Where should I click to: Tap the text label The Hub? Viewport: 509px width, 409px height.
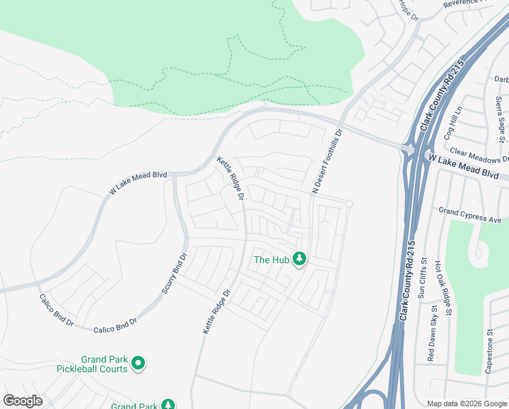point(271,260)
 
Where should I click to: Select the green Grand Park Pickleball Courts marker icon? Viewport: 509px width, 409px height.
point(138,363)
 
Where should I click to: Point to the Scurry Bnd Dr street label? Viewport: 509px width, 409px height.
point(174,273)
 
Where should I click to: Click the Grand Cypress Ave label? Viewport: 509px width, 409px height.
point(470,215)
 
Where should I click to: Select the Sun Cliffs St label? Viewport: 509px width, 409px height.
point(421,277)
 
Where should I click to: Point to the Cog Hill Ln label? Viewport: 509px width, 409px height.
point(453,123)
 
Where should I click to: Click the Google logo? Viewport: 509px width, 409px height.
point(22,401)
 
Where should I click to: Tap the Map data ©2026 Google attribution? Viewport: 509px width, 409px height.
point(466,404)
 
